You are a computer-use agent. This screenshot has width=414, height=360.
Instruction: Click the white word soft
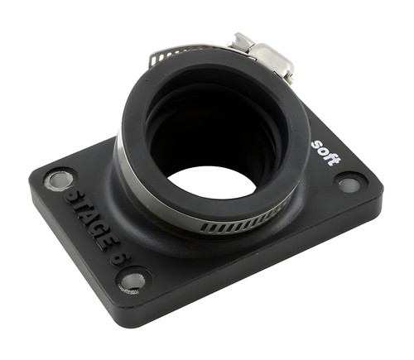click(x=326, y=153)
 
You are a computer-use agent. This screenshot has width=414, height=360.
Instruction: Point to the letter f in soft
click(x=330, y=156)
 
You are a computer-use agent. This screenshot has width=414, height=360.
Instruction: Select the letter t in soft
click(x=335, y=161)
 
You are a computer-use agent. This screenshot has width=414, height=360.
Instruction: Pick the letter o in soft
click(x=323, y=150)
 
